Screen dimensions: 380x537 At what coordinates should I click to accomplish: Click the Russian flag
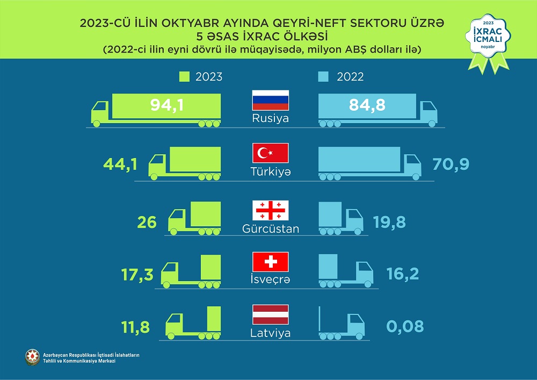[271, 100]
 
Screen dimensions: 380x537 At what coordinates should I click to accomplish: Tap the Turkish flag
[271, 153]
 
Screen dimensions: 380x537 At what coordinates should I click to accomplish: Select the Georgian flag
[271, 210]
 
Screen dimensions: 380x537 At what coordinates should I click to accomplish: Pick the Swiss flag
[271, 262]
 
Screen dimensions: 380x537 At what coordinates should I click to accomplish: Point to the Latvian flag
[271, 314]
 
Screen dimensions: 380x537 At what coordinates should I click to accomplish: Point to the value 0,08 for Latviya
[405, 326]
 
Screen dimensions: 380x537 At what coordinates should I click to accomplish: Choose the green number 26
[146, 222]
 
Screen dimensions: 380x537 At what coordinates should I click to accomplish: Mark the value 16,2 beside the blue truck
[403, 274]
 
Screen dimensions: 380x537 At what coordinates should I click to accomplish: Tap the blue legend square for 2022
[323, 76]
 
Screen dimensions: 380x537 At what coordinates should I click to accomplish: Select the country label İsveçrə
[271, 280]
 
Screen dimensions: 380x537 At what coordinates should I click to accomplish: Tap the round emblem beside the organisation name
[33, 357]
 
